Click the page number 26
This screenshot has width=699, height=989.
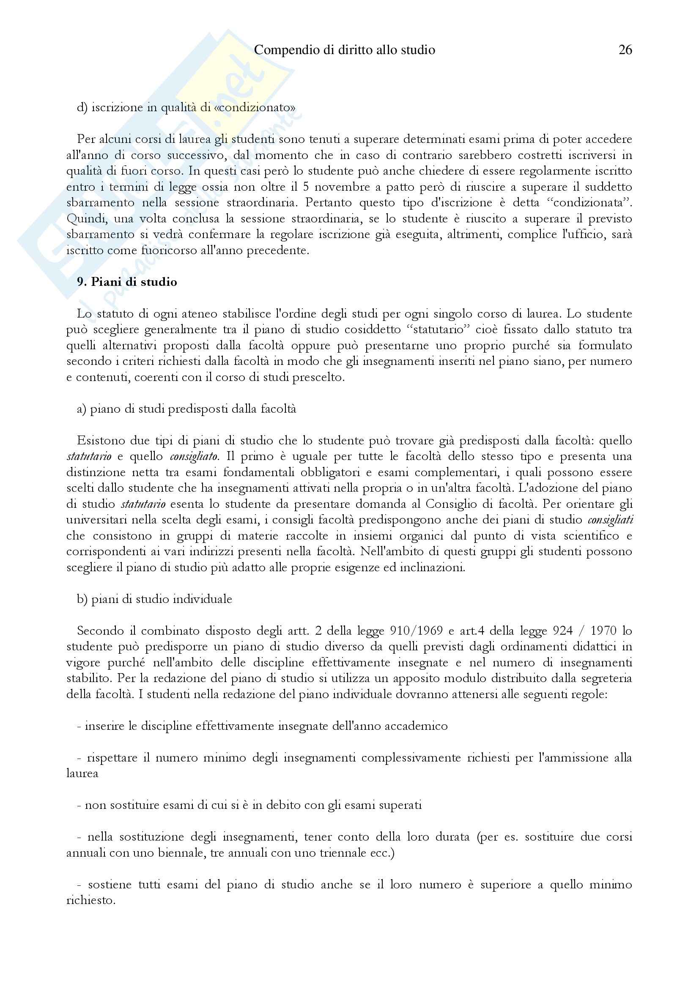(625, 50)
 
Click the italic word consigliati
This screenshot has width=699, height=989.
(610, 520)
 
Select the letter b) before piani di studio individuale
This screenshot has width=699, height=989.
(82, 599)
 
